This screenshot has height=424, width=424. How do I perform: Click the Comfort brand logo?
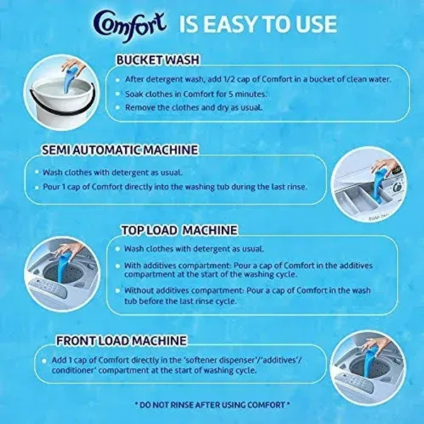[x=129, y=26]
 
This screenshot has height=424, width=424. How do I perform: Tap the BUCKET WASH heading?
[x=158, y=60]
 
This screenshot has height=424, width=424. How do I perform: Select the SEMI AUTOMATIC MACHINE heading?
[x=120, y=150]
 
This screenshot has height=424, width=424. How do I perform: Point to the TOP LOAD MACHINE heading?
[x=179, y=230]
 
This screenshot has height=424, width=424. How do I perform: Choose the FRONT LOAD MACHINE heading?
[x=122, y=341]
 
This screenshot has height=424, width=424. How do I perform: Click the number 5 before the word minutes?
[x=231, y=94]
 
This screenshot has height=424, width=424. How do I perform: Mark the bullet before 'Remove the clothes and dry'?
[x=117, y=107]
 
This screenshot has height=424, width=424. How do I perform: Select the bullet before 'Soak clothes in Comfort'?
[x=117, y=94]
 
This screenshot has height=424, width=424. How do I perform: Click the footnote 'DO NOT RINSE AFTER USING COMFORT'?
[x=212, y=405]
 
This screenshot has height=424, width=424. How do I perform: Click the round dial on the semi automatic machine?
[x=397, y=187]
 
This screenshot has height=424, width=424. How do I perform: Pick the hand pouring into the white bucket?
[x=73, y=66]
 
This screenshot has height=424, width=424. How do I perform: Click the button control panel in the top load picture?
[x=48, y=288]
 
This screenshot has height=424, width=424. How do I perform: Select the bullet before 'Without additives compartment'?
[x=117, y=291]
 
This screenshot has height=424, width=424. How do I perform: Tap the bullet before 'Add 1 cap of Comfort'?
[x=45, y=360]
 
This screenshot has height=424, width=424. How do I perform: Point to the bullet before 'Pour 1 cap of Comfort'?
[x=37, y=187]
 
